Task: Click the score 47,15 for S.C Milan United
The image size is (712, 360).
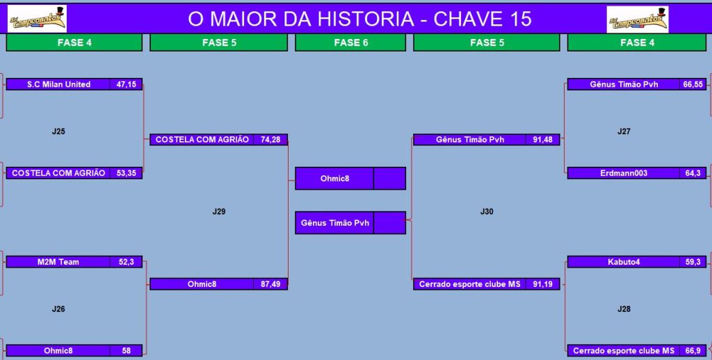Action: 127,84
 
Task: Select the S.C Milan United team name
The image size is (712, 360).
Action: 58,84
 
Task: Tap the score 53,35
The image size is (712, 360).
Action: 127,173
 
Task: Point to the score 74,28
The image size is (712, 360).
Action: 270,140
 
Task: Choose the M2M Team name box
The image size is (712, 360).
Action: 58,262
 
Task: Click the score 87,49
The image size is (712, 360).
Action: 270,284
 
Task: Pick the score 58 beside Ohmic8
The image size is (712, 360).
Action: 127,350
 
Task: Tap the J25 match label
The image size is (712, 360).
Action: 58,131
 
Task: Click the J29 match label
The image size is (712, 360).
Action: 219,211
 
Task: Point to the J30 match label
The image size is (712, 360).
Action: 487,211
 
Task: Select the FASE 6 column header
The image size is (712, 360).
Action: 350,42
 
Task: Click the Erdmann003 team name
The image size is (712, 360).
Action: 624,173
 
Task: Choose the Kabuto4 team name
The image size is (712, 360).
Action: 624,262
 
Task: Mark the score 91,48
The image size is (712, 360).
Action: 542,140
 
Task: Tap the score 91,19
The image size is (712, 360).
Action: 542,284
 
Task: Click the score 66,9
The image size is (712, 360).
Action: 693,350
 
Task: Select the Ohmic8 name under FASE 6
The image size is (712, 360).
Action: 334,179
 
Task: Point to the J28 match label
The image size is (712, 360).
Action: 624,309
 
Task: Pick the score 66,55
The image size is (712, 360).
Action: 693,84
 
